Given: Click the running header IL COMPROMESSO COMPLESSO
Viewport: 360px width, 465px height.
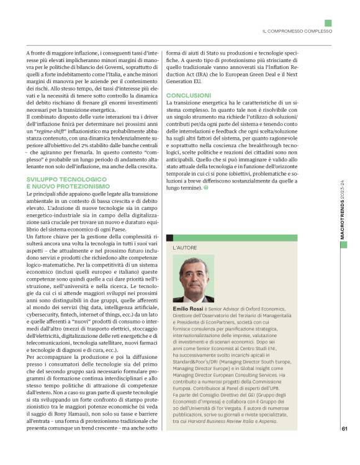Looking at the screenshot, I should click(x=297, y=31).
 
